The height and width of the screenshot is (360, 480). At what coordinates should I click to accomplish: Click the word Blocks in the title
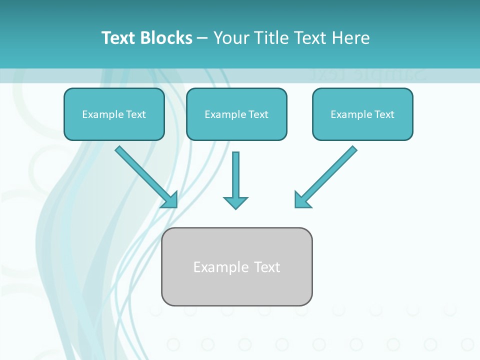tap(166, 38)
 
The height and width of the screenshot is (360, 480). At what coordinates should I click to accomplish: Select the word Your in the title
tap(231, 38)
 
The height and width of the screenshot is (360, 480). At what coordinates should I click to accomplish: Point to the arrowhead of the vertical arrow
tap(235, 203)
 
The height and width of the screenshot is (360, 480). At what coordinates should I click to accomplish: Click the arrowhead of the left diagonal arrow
tap(171, 200)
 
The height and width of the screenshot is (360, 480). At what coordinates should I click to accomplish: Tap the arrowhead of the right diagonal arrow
tap(301, 200)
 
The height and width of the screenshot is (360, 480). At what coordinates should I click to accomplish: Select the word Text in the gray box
tap(267, 267)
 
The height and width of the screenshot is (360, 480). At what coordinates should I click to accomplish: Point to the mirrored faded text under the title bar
tap(367, 75)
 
